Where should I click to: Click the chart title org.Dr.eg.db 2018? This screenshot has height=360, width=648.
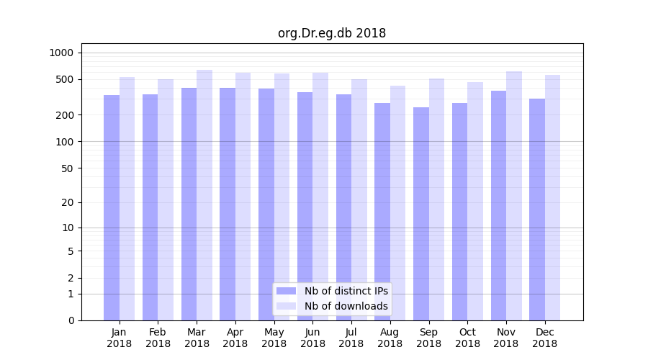[x=332, y=33]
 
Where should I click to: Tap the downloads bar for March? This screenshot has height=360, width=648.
[x=204, y=194]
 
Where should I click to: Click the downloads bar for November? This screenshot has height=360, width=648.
[x=514, y=195]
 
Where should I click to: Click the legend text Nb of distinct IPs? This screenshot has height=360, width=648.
[x=346, y=291]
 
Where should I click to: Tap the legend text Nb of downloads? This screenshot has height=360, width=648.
[x=346, y=306]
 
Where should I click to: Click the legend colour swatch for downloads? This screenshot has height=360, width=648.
[x=286, y=306]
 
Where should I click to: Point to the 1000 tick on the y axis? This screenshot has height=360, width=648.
[x=61, y=53]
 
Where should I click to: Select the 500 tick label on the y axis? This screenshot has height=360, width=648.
[x=65, y=79]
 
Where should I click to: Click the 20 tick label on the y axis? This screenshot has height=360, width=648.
[x=68, y=202]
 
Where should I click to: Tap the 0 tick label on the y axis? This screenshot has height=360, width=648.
[x=71, y=320]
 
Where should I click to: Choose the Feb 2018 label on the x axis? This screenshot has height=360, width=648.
[x=158, y=338]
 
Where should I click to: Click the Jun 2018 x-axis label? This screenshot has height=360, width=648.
[x=312, y=338]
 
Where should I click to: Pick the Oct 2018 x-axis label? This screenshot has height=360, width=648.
[x=467, y=338]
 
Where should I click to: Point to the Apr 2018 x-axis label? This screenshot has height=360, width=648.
[x=235, y=338]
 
